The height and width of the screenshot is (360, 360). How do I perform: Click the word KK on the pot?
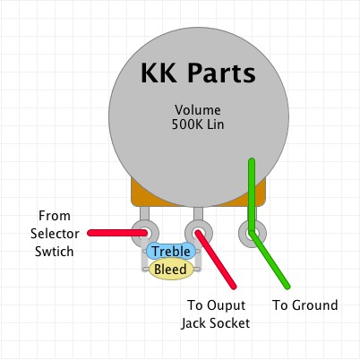(x=159, y=73)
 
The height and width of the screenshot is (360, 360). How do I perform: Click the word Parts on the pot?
(x=221, y=73)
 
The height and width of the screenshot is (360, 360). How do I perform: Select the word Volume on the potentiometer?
(x=198, y=110)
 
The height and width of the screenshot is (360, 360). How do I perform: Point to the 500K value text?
(x=186, y=124)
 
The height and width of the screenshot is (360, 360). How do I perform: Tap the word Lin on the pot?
(x=216, y=124)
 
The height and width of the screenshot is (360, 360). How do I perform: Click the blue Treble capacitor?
(x=171, y=252)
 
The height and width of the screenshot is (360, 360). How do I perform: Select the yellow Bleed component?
(x=171, y=270)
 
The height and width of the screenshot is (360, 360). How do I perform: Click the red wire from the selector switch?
(x=117, y=233)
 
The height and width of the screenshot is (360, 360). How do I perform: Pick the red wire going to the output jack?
(x=216, y=259)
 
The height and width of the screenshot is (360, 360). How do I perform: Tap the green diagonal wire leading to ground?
(x=270, y=261)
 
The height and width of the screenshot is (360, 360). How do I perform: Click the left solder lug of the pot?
(x=145, y=233)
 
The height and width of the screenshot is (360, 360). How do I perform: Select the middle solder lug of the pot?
(x=199, y=233)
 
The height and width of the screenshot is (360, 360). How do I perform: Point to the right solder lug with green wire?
(x=253, y=234)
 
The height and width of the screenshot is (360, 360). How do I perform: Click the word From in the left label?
(x=55, y=216)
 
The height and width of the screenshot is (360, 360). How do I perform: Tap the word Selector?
(x=55, y=234)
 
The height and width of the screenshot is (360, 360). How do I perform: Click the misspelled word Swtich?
(x=55, y=252)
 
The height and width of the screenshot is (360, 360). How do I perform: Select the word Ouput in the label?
(x=227, y=305)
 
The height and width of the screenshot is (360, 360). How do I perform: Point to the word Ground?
(x=315, y=305)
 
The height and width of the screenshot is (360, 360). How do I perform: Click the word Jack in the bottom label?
(x=193, y=323)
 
